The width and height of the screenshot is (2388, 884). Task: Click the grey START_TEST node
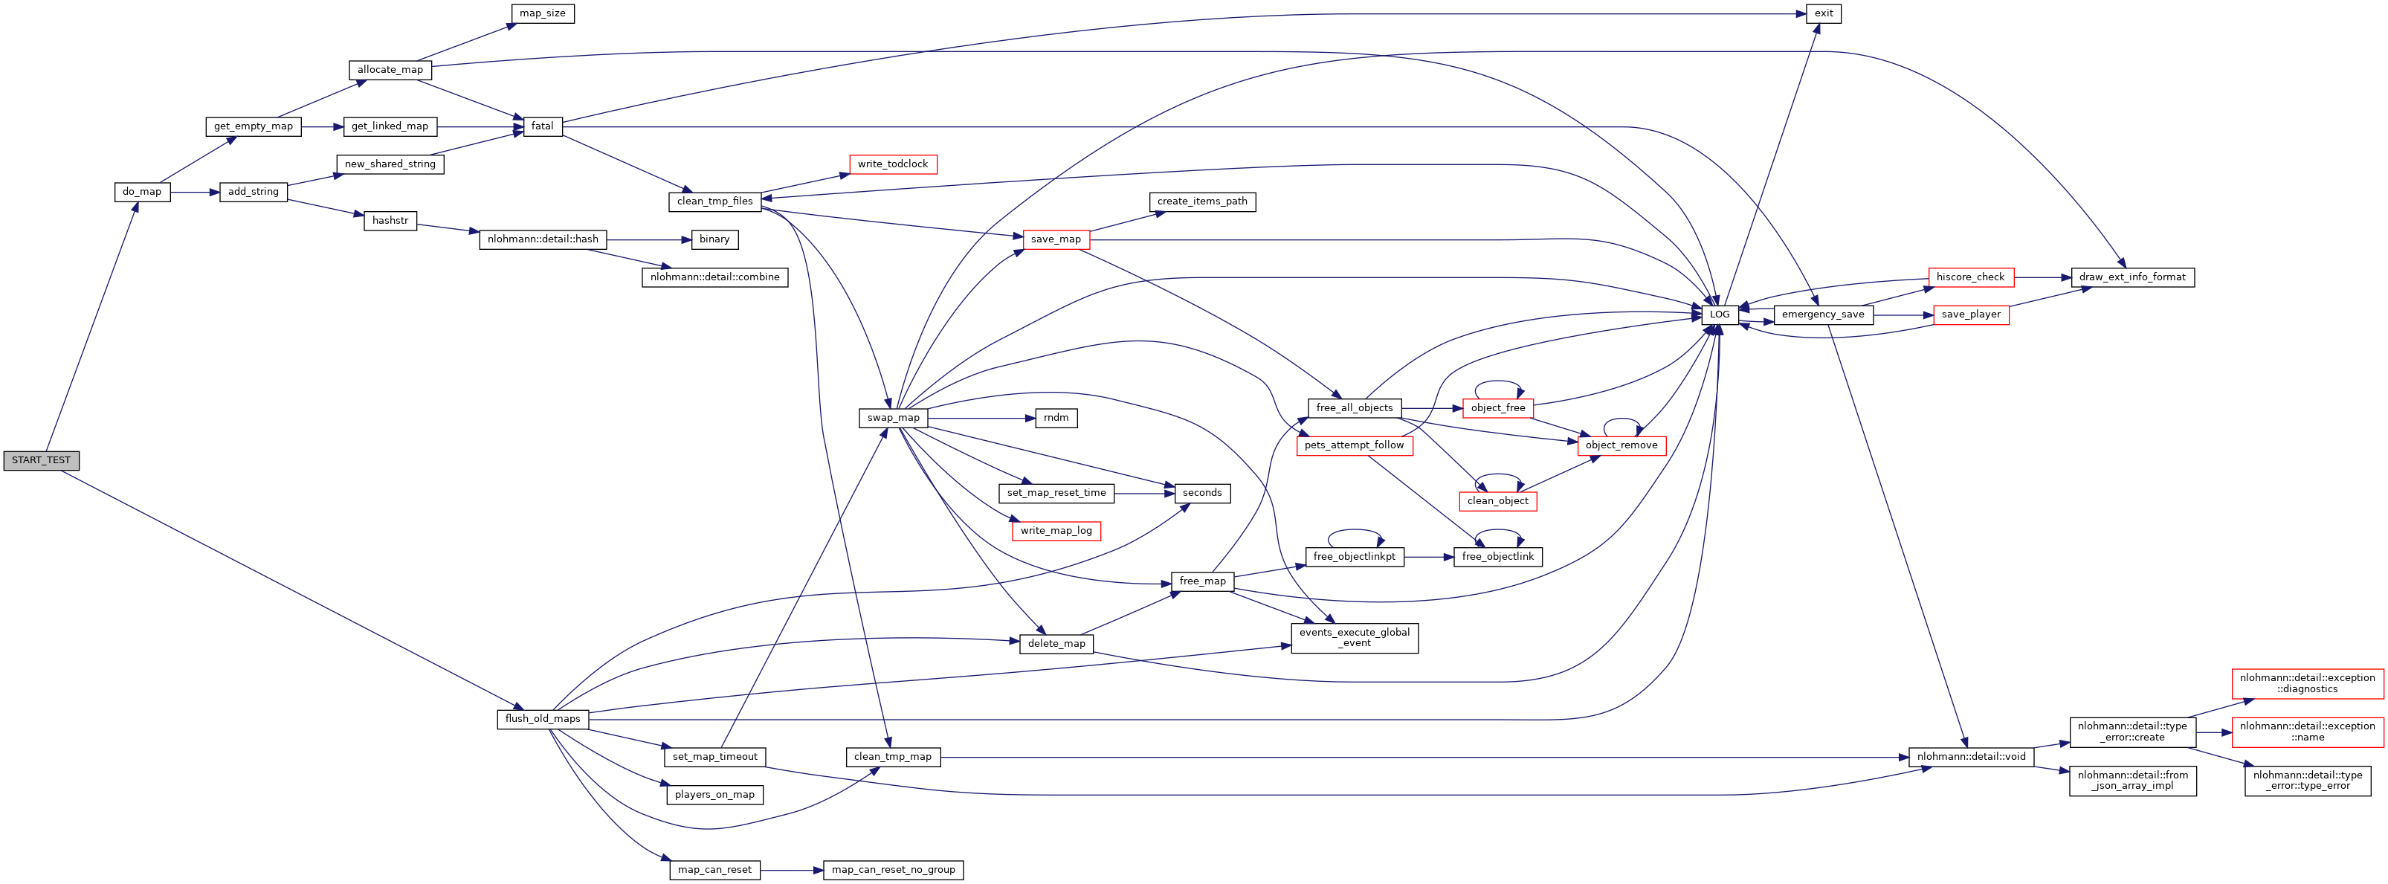tap(41, 460)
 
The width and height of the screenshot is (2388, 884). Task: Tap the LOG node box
tap(1720, 314)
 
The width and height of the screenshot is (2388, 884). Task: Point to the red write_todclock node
tap(892, 164)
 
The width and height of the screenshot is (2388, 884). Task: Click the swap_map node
tap(893, 418)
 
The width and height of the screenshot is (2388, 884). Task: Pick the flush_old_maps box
tap(542, 719)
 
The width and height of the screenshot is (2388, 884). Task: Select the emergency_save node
tap(1822, 314)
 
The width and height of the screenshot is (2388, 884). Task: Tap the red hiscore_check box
tap(1970, 277)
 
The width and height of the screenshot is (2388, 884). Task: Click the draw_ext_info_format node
tap(2132, 277)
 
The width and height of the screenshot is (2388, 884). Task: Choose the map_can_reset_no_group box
tap(893, 870)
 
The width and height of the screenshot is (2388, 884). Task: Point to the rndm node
tap(1056, 418)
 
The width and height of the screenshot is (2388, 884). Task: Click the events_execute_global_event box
tap(1355, 637)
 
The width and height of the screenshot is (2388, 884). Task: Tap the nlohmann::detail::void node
tap(1971, 757)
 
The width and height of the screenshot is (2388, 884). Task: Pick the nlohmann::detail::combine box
tap(714, 277)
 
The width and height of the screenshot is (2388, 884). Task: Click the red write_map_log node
tap(1056, 531)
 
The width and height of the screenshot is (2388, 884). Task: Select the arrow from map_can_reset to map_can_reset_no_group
tap(792, 870)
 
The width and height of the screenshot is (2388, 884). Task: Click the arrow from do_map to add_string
tap(195, 192)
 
